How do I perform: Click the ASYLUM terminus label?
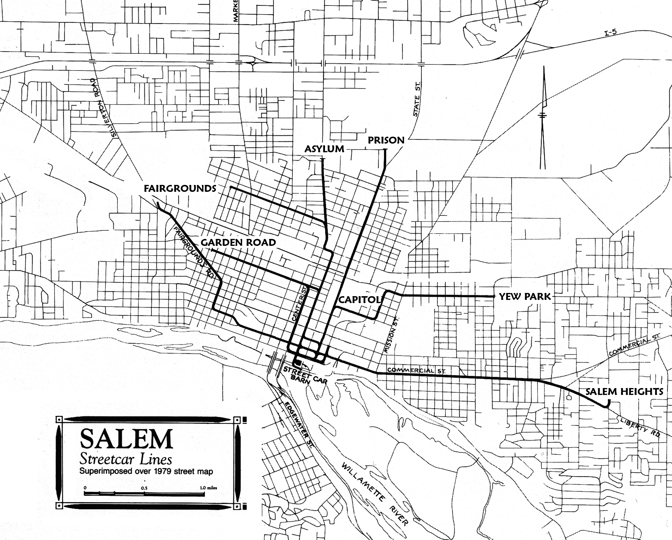(324, 149)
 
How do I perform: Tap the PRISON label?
(386, 140)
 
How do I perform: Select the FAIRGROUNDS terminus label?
(180, 188)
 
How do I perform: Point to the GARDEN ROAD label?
(238, 242)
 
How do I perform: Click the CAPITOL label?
(359, 300)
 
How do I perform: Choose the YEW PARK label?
(524, 297)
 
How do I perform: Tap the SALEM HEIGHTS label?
(624, 391)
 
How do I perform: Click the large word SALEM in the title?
(126, 439)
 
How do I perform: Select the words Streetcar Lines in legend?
(126, 459)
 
